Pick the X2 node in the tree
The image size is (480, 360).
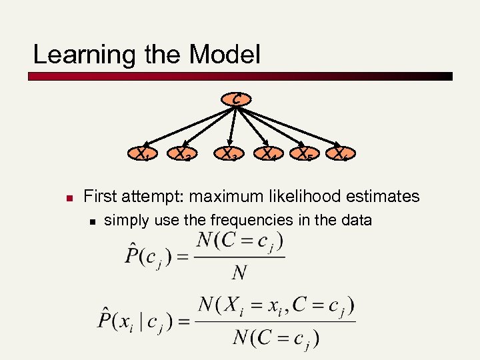[x=183, y=155]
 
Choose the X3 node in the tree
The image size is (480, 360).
[x=231, y=155]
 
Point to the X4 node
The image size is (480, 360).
[x=269, y=155]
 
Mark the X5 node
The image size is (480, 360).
[x=305, y=155]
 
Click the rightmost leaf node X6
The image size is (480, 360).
[x=341, y=155]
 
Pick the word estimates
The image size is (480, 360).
[x=385, y=196]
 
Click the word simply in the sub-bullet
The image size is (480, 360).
[x=126, y=220]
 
